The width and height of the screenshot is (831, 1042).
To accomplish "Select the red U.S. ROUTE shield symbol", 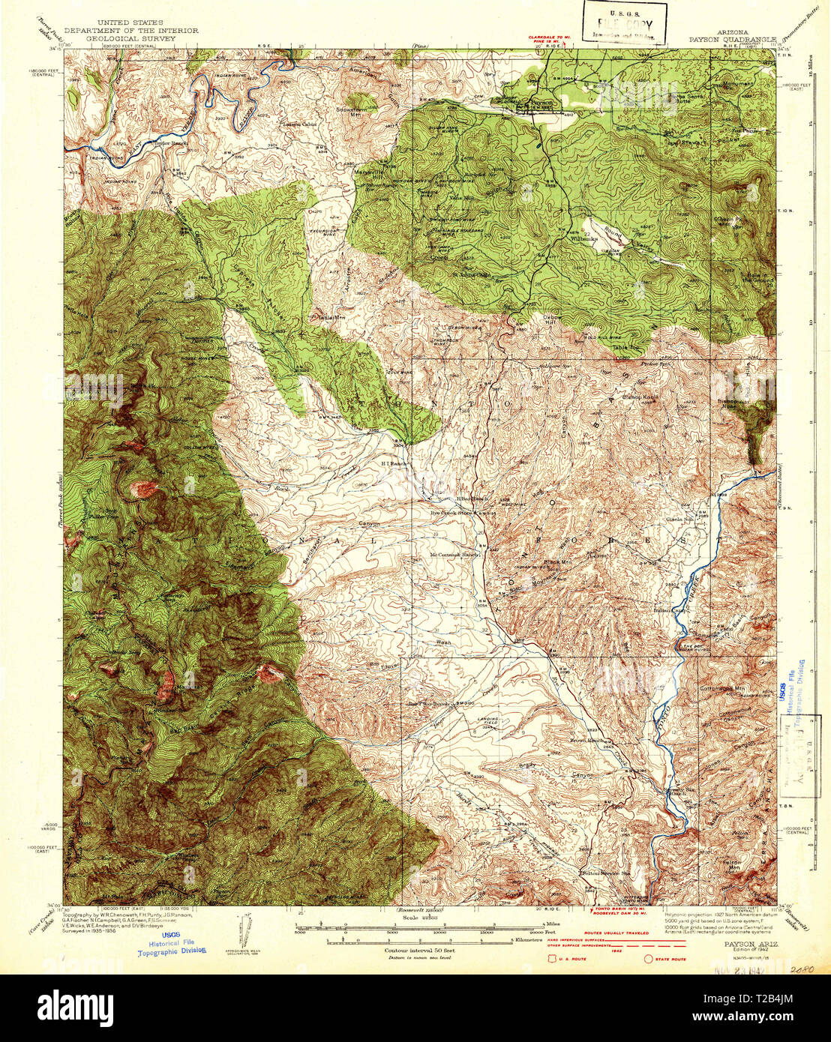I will [x=553, y=959].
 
